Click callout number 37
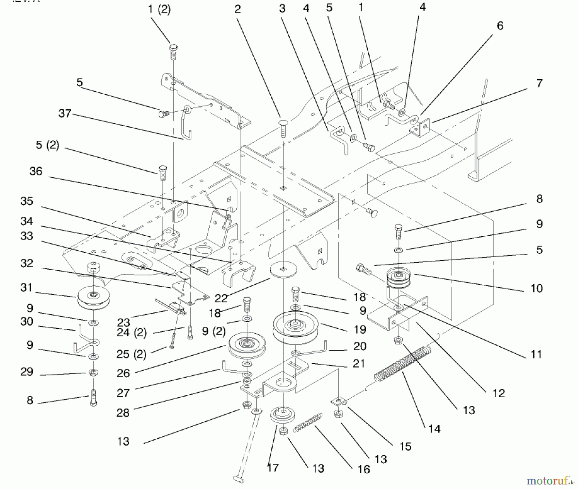(x=65, y=113)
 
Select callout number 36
(x=36, y=171)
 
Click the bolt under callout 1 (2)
(x=173, y=52)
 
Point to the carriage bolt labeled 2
(x=283, y=127)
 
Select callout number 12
(x=498, y=393)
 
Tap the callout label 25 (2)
(x=131, y=354)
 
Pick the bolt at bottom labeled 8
(x=93, y=398)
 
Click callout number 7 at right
(x=539, y=83)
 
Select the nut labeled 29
(x=93, y=373)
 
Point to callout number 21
(x=359, y=364)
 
